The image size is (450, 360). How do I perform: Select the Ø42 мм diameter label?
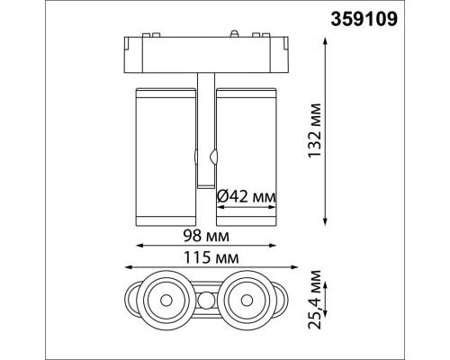pyautogui.click(x=246, y=195)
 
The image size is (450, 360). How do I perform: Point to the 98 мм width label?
pyautogui.click(x=204, y=235)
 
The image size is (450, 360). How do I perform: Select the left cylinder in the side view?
pyautogui.click(x=165, y=154)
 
